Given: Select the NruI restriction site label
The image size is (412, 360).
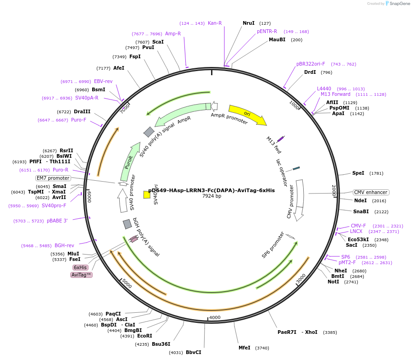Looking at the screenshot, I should [248, 23].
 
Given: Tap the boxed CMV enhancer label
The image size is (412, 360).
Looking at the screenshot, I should [371, 192].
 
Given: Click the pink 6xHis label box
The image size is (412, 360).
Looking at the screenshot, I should [80, 267].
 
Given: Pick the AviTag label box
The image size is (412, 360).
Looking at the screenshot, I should [82, 275].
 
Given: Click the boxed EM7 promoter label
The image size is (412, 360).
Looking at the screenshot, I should [53, 178].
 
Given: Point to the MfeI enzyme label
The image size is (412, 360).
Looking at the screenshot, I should [244, 348].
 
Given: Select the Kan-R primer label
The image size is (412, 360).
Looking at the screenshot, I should [215, 23].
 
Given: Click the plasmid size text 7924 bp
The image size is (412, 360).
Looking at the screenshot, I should [212, 196].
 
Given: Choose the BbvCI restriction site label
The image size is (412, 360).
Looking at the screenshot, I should [193, 352].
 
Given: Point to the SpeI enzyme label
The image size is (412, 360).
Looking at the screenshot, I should [358, 173].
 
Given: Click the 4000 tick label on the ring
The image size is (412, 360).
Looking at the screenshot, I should [215, 317].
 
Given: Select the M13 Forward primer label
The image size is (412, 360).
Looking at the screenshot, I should [335, 94].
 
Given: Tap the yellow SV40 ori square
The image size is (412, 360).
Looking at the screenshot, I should [147, 194].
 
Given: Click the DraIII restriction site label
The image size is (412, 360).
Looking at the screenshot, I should [82, 111].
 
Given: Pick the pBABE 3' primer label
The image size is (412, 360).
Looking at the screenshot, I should [57, 221].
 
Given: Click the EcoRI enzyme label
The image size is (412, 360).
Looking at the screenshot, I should [145, 336].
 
